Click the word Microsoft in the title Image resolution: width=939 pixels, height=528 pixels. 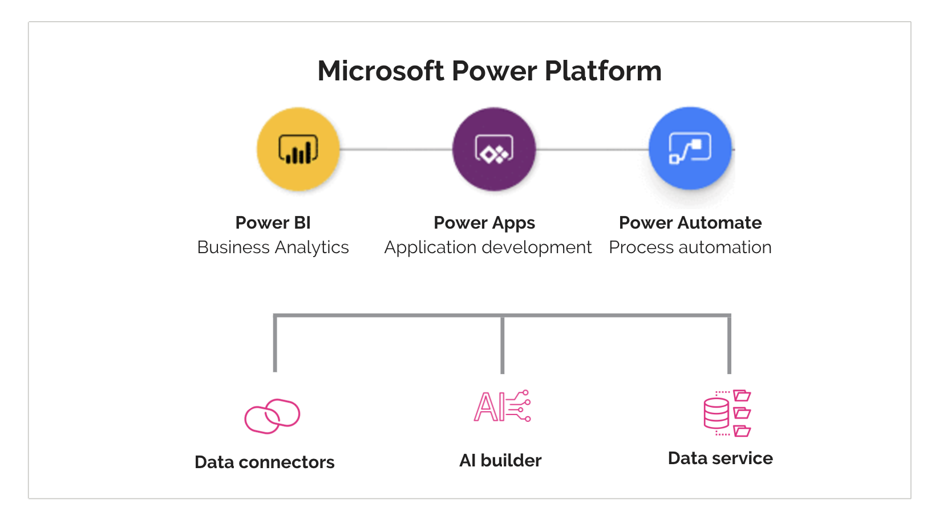coord(381,71)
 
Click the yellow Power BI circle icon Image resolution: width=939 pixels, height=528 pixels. coord(298,149)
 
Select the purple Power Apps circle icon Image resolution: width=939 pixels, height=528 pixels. coord(494,149)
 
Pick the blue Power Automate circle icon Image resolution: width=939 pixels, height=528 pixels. coord(690,148)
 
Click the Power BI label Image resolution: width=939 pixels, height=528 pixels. coord(273,222)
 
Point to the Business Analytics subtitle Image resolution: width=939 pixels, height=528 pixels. coord(273,247)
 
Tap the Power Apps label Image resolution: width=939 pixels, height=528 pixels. coord(484,222)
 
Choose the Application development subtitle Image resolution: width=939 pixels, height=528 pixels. coord(488,247)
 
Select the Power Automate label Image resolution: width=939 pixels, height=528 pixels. coord(690,222)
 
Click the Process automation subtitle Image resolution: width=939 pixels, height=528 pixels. coord(690,247)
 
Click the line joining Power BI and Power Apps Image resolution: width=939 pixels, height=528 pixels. coord(396,149)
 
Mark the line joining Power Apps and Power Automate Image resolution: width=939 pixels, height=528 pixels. coord(592,149)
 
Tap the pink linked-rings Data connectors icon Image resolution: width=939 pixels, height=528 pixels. coord(272,416)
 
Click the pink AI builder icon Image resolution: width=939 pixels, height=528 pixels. coord(502,407)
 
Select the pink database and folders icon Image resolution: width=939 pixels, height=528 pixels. coord(727,413)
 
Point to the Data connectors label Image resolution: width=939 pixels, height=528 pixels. coord(264,462)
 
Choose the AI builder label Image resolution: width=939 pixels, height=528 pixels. coord(500,460)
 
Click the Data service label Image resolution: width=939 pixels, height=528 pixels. coord(720,458)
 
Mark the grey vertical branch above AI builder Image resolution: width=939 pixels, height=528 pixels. coord(502,345)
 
